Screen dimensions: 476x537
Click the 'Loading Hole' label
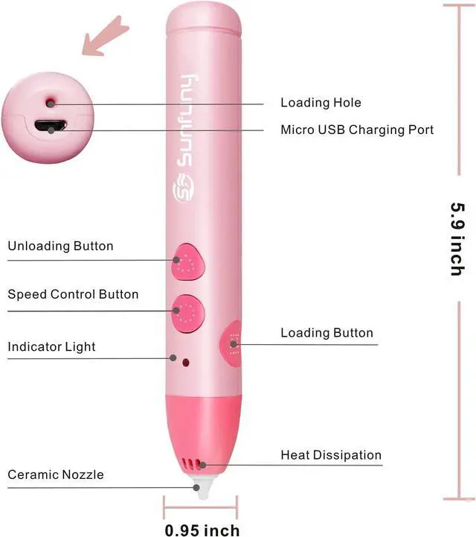tap(321, 103)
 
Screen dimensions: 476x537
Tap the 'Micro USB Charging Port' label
tap(357, 130)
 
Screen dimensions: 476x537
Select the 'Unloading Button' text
tap(61, 247)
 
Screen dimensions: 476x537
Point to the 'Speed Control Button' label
tap(73, 294)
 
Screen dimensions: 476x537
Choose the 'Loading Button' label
tap(327, 333)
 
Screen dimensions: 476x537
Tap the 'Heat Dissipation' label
tap(331, 455)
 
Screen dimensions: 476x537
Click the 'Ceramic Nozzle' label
tap(56, 474)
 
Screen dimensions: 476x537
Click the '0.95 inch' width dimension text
tap(202, 530)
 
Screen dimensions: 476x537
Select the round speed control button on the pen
tap(187, 311)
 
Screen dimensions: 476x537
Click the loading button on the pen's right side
tap(233, 343)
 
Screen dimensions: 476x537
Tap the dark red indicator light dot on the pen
tap(186, 362)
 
